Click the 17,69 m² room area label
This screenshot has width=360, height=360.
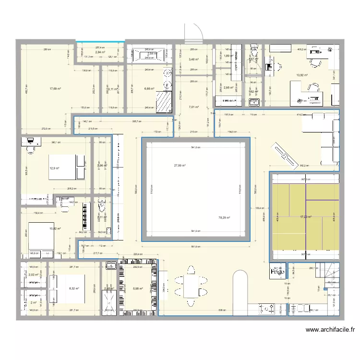coord(55,89)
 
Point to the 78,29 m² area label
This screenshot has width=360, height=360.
coord(224,217)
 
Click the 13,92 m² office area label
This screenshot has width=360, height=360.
coord(302,75)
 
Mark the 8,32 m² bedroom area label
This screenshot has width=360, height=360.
coord(74,288)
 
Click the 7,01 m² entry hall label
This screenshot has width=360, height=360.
coord(193,107)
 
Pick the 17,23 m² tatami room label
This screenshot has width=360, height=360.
coord(306,217)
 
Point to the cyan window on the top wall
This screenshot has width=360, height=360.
coord(98,41)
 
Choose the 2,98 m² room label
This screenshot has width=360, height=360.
coord(228,88)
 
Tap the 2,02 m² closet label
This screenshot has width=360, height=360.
coord(34,275)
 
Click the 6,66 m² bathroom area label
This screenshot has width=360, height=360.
coord(149,89)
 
